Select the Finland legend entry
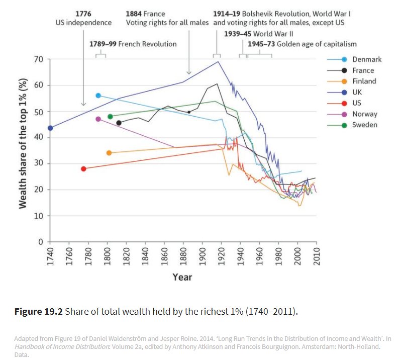click(x=364, y=81)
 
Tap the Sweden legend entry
click(x=364, y=125)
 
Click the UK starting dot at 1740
click(x=50, y=128)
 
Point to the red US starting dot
click(x=83, y=169)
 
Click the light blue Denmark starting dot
click(x=98, y=96)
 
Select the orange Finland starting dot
click(x=109, y=153)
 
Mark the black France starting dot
click(x=119, y=123)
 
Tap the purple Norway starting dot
click(x=98, y=119)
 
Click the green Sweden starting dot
click(x=110, y=117)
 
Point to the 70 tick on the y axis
click(x=39, y=59)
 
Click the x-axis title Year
click(x=182, y=277)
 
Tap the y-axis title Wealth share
click(x=23, y=150)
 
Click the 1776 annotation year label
click(x=83, y=14)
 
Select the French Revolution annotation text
click(x=133, y=44)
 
